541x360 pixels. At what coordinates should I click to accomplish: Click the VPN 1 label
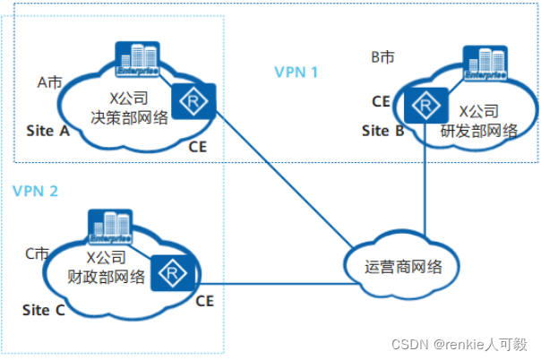tap(296, 73)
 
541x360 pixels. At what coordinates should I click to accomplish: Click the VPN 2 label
tap(36, 190)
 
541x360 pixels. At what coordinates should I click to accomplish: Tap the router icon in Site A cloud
tap(190, 102)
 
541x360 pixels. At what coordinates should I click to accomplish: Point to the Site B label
tap(382, 131)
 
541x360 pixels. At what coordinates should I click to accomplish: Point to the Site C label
tap(43, 311)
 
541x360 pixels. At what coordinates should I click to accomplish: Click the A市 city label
tap(49, 81)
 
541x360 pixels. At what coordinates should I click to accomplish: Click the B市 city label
tap(383, 57)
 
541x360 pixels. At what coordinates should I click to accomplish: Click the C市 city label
tap(38, 254)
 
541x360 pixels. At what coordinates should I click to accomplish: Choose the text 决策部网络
tap(125, 115)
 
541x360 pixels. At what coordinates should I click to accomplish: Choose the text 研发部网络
tap(480, 131)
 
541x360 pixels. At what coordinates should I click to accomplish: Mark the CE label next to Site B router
tap(381, 101)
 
